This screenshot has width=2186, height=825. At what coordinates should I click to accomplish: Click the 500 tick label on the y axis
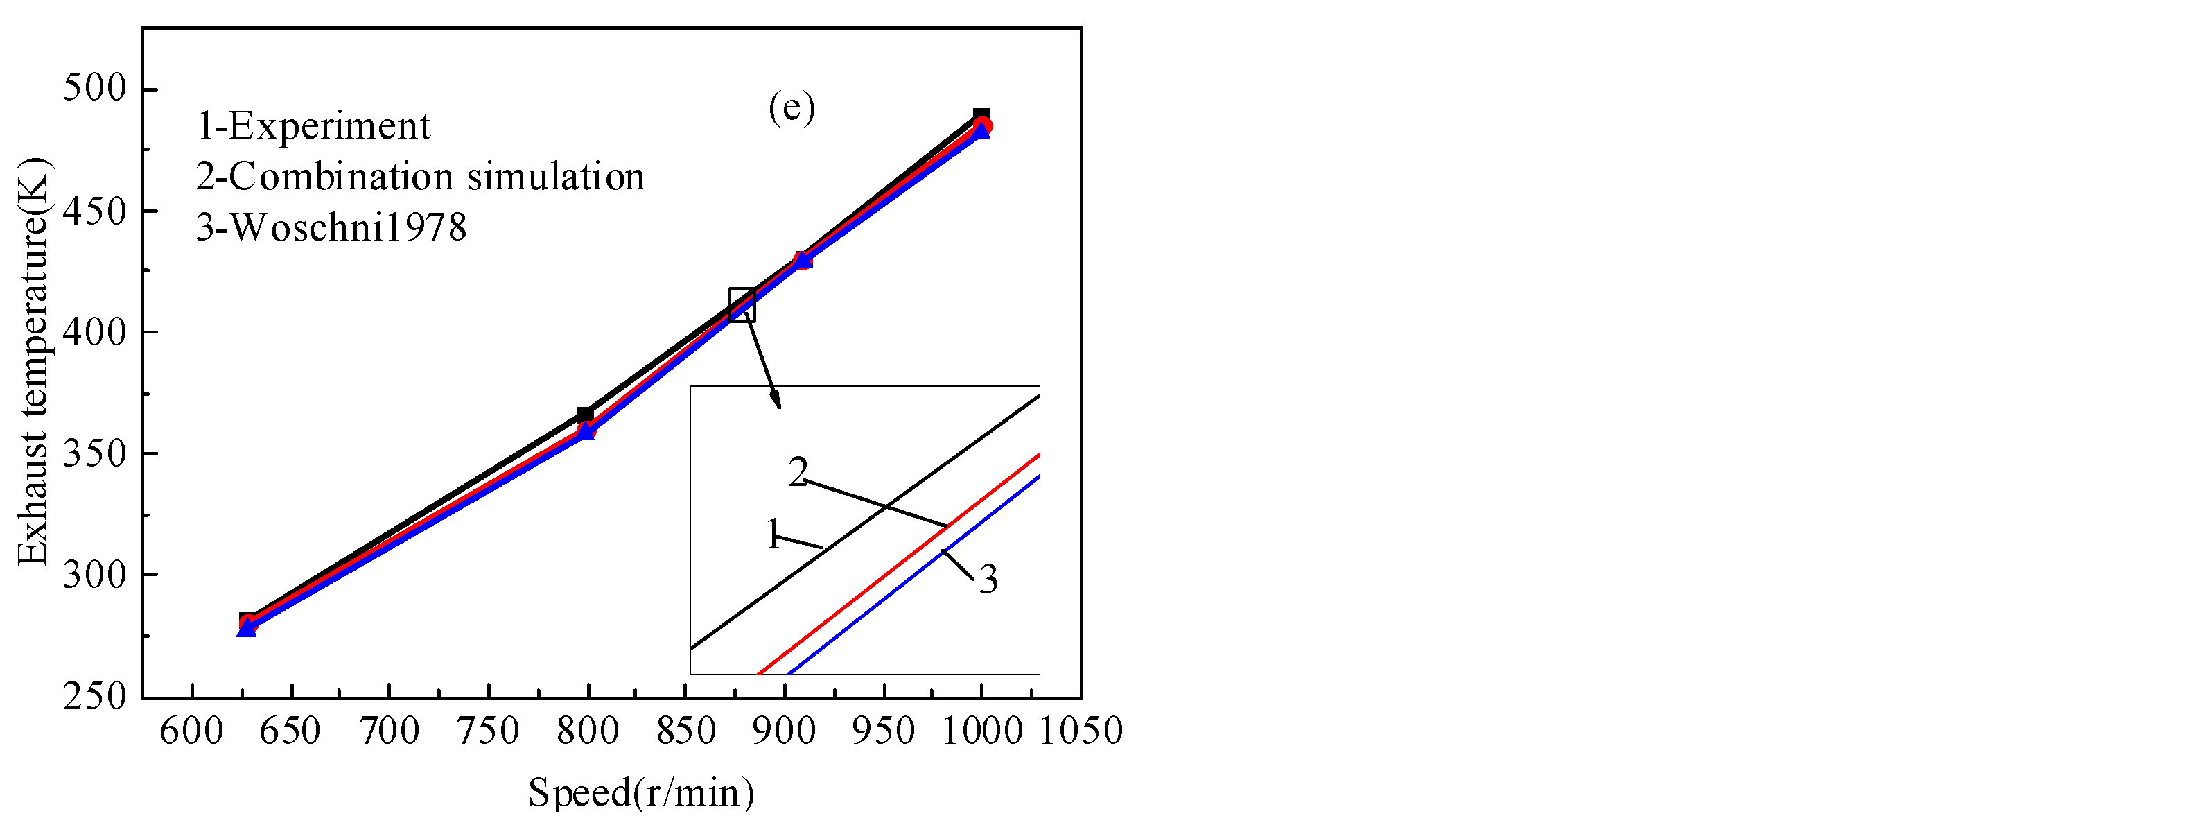point(94,88)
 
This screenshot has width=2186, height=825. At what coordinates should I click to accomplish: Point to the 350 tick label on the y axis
point(94,453)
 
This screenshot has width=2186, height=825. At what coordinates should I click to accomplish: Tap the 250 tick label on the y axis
point(94,697)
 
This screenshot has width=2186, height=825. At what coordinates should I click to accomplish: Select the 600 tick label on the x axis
point(192,731)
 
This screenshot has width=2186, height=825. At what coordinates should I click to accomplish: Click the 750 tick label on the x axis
point(488,731)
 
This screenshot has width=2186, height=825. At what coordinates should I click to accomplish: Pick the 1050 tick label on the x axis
point(1081,731)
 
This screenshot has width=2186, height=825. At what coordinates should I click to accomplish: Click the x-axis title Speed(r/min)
point(642,792)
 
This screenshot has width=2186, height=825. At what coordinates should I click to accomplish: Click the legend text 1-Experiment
point(313,126)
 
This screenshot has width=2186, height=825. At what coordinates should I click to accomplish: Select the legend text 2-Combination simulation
point(420,177)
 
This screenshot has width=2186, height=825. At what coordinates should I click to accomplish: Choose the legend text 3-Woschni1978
point(331,227)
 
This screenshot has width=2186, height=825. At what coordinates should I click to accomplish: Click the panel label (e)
point(791,107)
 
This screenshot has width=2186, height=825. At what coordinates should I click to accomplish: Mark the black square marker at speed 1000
point(981,116)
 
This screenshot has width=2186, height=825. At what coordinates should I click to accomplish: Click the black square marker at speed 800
point(585,415)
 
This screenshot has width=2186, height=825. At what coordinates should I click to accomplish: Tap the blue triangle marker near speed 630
point(246,628)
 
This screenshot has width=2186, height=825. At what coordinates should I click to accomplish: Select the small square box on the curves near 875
point(742,305)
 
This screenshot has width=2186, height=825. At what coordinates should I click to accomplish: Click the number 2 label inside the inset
point(797,472)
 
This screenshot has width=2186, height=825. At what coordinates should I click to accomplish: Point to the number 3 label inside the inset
point(988,580)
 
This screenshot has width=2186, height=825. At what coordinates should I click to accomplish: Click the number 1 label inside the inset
point(772,535)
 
